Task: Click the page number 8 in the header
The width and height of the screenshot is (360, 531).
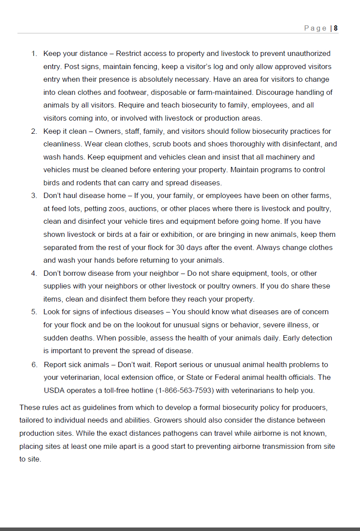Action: [336, 28]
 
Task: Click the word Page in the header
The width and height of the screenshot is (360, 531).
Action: [315, 28]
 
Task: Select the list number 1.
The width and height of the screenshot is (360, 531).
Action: [34, 54]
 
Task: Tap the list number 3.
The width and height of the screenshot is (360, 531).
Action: [34, 196]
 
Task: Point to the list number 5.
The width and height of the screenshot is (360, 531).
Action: [34, 312]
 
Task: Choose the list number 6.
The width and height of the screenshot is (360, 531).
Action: [34, 364]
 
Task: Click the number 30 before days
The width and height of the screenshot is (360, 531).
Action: [180, 247]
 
